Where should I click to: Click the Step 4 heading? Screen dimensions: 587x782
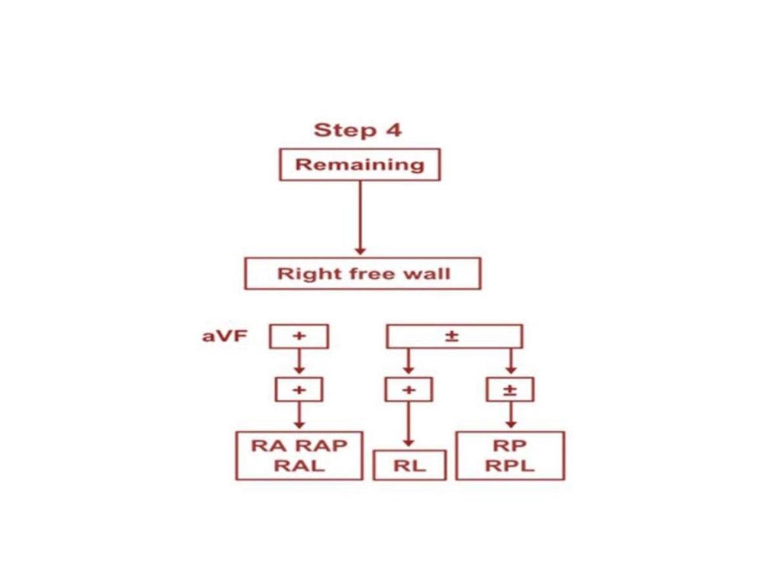(357, 130)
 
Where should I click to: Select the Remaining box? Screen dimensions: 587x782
(360, 164)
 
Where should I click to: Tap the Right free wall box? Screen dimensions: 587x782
(362, 274)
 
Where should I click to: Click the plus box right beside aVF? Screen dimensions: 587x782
(299, 336)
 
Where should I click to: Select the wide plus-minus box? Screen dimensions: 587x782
(455, 336)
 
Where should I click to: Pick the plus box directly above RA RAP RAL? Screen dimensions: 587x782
(299, 389)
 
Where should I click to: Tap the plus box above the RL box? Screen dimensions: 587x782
(408, 389)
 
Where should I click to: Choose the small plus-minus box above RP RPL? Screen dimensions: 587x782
(511, 389)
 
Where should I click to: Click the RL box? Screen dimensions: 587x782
(409, 465)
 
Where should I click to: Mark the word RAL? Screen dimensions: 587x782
(299, 465)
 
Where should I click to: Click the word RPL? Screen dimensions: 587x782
(510, 465)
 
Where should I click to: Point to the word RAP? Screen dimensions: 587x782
(322, 446)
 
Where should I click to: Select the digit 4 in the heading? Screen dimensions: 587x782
(393, 130)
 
